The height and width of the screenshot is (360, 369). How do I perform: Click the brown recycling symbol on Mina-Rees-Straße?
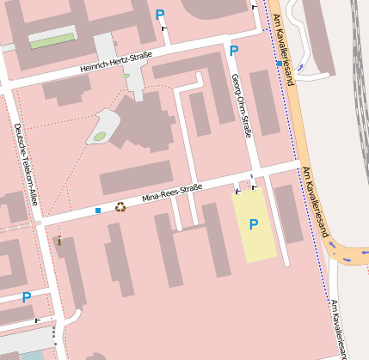[120, 206]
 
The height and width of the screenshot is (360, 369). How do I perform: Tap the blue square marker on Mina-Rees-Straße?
[98, 210]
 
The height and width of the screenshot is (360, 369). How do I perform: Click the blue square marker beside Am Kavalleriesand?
[277, 64]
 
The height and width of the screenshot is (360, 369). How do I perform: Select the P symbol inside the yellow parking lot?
[253, 225]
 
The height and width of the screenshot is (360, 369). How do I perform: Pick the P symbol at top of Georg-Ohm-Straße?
[234, 52]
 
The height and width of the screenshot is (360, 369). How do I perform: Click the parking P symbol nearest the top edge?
[160, 15]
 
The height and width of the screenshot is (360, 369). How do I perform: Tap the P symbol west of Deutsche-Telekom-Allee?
[27, 297]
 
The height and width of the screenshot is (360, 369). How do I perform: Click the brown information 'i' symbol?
[59, 241]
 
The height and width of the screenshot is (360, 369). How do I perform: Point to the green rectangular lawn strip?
[52, 40]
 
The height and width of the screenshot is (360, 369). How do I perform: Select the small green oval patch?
[100, 136]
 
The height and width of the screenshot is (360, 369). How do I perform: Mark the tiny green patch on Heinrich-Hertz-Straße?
[126, 76]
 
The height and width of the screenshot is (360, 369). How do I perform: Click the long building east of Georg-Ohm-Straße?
[264, 103]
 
